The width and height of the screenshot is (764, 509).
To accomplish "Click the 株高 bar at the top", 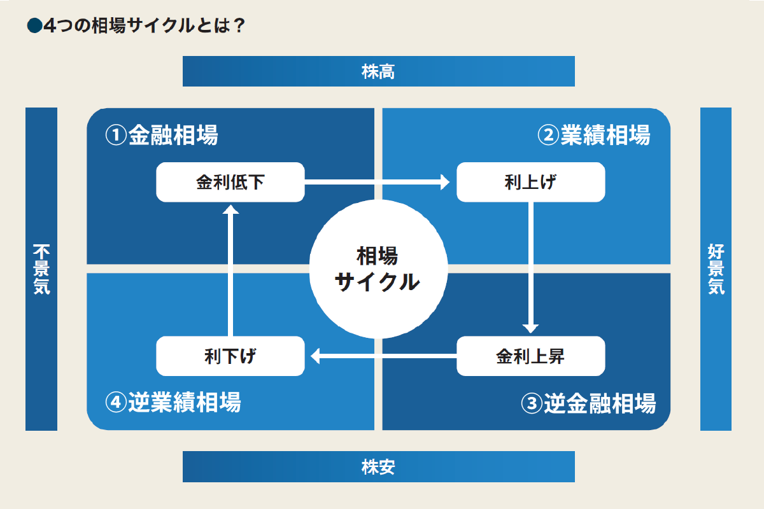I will (x=378, y=71).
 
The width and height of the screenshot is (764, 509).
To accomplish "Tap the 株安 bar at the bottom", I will (x=378, y=467).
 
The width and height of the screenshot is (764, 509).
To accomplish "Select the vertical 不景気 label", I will (x=41, y=269).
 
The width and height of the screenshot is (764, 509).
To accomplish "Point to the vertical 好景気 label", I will (x=716, y=269).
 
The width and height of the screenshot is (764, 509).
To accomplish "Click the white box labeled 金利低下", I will (x=230, y=183).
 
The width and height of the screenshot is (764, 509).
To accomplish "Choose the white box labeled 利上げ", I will (x=531, y=183).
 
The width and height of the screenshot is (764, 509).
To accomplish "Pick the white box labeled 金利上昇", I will (x=531, y=356).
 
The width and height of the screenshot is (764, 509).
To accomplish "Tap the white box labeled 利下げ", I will (x=230, y=356).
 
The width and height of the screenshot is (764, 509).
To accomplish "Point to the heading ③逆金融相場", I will (x=588, y=403).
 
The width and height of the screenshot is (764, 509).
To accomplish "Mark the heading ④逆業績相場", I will (x=173, y=403).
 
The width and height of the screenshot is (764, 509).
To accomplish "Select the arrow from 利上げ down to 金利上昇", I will (x=531, y=267).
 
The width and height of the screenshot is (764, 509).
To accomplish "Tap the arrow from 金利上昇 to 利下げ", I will (x=382, y=356).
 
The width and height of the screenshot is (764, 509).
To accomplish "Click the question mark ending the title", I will (x=239, y=25).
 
